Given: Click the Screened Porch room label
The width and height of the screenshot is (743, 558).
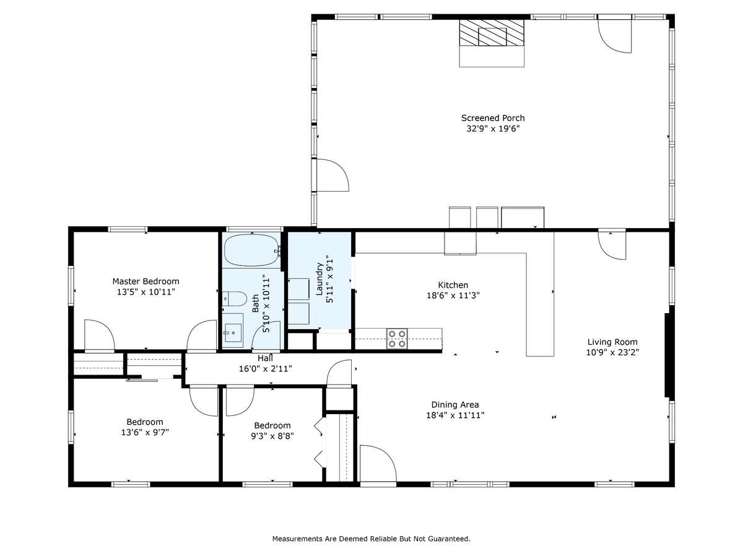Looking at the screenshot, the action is point(492,118).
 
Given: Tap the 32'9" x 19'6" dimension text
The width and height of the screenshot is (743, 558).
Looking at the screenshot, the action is point(492,129).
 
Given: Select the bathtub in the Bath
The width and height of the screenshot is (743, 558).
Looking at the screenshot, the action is point(251,250).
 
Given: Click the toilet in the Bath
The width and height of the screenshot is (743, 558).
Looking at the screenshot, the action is point(235,298).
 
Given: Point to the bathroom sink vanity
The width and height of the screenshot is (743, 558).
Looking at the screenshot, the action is point(233,330).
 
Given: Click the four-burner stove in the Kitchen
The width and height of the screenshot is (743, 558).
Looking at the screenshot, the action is point(397,338).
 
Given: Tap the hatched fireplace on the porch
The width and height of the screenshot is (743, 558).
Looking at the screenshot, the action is point(492,32).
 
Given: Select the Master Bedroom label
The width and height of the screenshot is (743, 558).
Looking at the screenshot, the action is point(146,281).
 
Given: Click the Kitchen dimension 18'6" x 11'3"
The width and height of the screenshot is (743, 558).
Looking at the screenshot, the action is point(453,296).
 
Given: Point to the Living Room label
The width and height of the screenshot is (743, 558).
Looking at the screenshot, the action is point(612,342).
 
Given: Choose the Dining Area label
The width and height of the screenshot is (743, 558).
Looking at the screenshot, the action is point(455,404).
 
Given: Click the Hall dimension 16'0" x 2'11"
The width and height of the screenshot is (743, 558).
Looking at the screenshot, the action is point(266,369).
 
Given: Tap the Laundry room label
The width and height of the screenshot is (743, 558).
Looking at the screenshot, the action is point(319,279).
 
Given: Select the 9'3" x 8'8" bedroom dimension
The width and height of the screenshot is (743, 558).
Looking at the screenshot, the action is point(272,436).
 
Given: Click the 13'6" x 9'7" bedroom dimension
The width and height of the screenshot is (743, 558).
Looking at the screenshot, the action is point(145,432).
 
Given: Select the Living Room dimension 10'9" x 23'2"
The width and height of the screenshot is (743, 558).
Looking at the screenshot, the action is point(612,352).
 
